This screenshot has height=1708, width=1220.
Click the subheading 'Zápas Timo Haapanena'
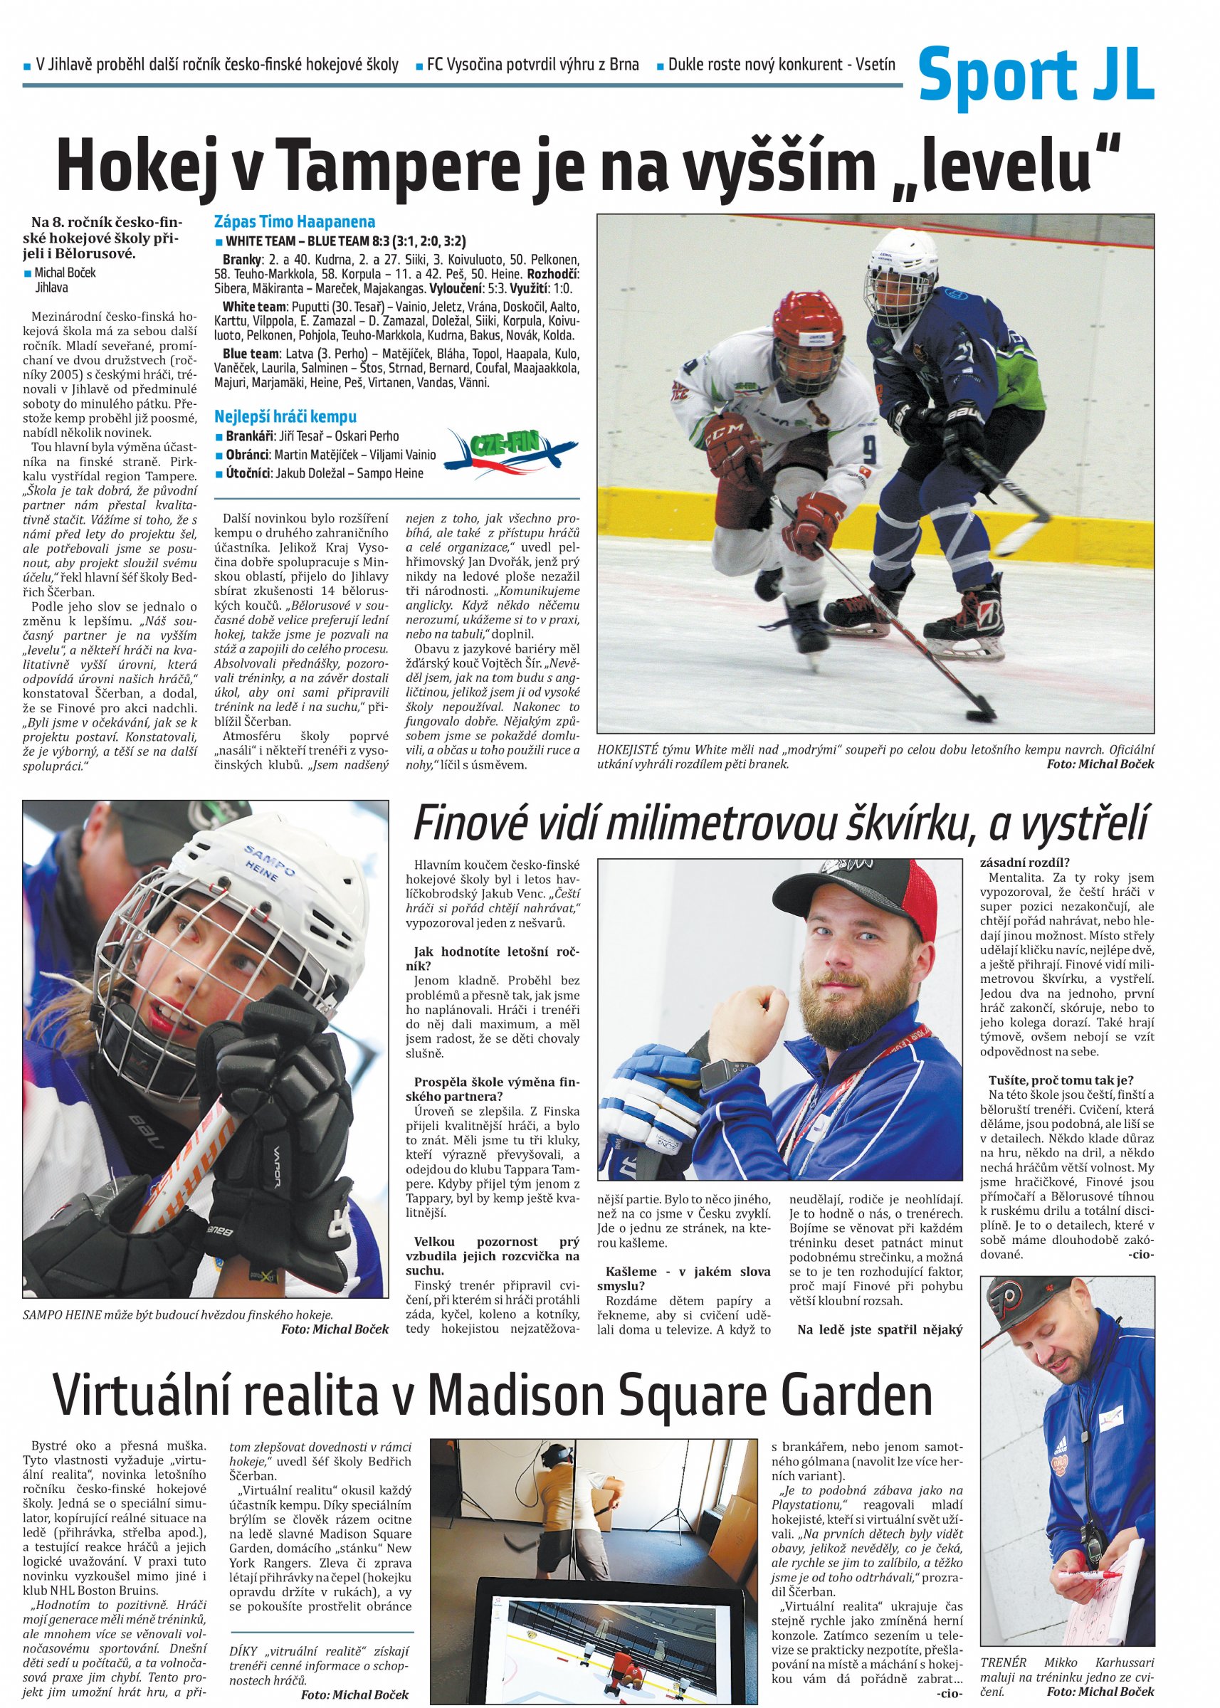pos(295,221)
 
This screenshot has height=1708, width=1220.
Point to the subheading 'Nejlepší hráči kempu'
pos(285,417)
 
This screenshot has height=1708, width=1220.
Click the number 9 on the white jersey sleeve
pos(868,451)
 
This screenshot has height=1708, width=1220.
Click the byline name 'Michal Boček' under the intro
pos(65,273)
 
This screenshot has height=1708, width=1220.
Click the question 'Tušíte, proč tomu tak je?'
pos(1061,1080)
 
